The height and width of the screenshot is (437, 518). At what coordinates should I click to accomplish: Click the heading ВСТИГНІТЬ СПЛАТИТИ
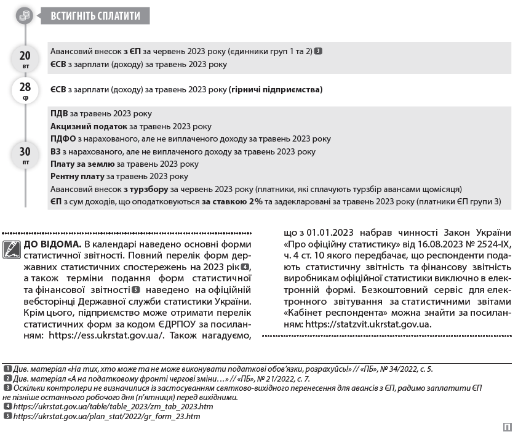(95, 15)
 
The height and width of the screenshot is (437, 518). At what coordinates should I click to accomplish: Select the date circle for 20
(25, 59)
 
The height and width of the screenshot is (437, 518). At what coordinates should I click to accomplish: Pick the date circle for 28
(25, 90)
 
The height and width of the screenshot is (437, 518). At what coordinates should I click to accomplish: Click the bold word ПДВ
(59, 114)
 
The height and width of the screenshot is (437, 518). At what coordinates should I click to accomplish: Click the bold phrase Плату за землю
(82, 164)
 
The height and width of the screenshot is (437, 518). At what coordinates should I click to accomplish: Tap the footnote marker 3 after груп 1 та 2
(318, 51)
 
